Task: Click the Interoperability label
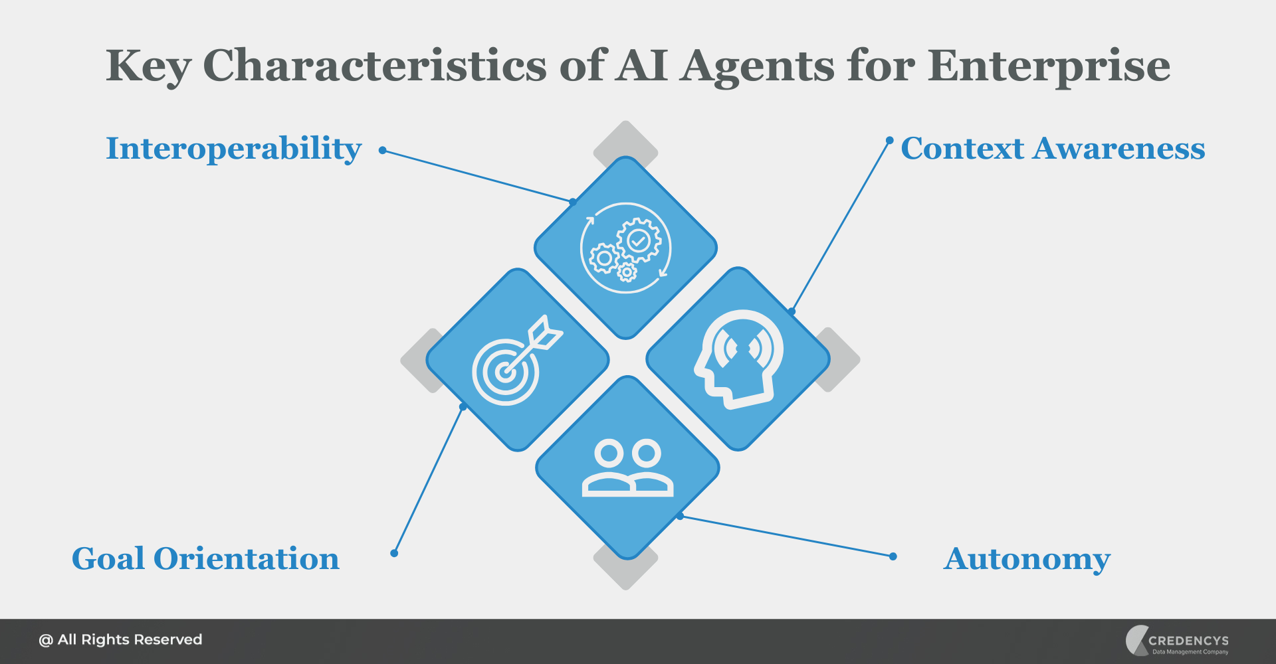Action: coord(234,149)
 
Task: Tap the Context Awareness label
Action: coord(1053,149)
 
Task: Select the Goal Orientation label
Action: coord(205,558)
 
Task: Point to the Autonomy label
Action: coord(1027,559)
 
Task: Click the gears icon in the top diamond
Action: coord(625,248)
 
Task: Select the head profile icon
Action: coord(738,359)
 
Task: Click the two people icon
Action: coord(627,468)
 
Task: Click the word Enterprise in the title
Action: coord(1049,66)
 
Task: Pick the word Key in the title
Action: coord(148,66)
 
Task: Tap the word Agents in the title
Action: coord(757,66)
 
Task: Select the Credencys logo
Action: coord(1177,641)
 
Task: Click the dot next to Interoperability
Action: coord(383,151)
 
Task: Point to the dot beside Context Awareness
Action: coord(889,140)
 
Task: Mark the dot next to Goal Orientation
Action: coord(394,553)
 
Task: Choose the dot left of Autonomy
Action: coord(893,556)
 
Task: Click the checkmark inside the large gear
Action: coord(639,240)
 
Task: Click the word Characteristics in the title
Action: coord(374,66)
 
